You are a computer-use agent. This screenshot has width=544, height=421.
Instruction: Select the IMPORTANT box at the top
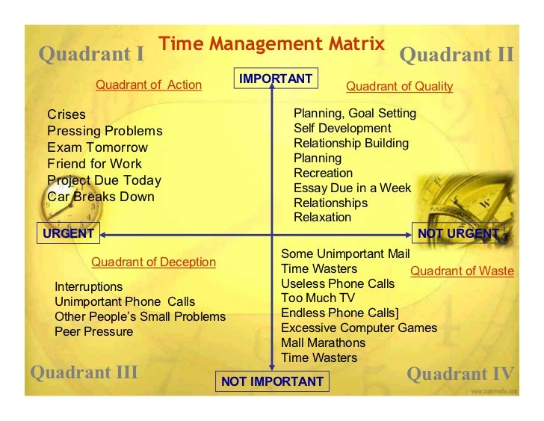pos(276,79)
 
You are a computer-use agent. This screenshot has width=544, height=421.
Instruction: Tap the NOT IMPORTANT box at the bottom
pos(272,381)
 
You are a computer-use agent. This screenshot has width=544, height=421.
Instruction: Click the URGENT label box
pos(68,233)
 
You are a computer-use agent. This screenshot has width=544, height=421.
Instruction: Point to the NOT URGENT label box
pos(458,233)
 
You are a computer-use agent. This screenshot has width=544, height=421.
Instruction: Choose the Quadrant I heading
pos(91,55)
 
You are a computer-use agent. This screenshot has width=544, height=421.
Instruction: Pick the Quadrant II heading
pos(457,55)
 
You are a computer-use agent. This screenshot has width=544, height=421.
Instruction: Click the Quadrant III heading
pos(84,372)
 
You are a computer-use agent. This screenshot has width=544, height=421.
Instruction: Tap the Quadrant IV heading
pos(460,374)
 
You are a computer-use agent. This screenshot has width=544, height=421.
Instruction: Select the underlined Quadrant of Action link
pos(149,84)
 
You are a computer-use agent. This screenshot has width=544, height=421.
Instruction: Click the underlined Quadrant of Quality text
pos(400,86)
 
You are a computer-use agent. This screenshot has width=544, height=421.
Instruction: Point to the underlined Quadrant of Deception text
pos(153,262)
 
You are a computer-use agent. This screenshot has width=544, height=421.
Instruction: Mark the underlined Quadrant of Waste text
pos(462,271)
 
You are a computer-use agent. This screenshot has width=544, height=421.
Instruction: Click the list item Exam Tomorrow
pos(97,147)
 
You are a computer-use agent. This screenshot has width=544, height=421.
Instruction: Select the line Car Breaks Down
pos(100,197)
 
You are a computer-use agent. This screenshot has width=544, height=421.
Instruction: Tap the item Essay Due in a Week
pos(352,188)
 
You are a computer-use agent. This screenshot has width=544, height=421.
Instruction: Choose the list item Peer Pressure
pos(93,331)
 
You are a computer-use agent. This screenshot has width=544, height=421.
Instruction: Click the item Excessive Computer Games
pos(359,328)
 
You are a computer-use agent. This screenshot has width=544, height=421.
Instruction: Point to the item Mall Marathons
pos(323,342)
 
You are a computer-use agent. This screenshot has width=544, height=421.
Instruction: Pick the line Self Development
pos(342,128)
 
